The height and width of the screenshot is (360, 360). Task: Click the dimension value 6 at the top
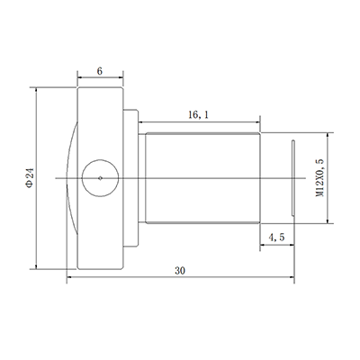(99, 69)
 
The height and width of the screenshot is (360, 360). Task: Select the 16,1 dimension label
(200, 115)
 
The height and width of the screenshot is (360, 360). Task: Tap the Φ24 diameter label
(29, 177)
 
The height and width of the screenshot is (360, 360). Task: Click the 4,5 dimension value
(278, 238)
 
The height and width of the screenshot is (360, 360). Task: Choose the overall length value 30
(180, 270)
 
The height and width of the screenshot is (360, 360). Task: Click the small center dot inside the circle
(99, 178)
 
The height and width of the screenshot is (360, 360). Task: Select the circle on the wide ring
(99, 162)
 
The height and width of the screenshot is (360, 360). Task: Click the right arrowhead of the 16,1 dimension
(259, 124)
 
